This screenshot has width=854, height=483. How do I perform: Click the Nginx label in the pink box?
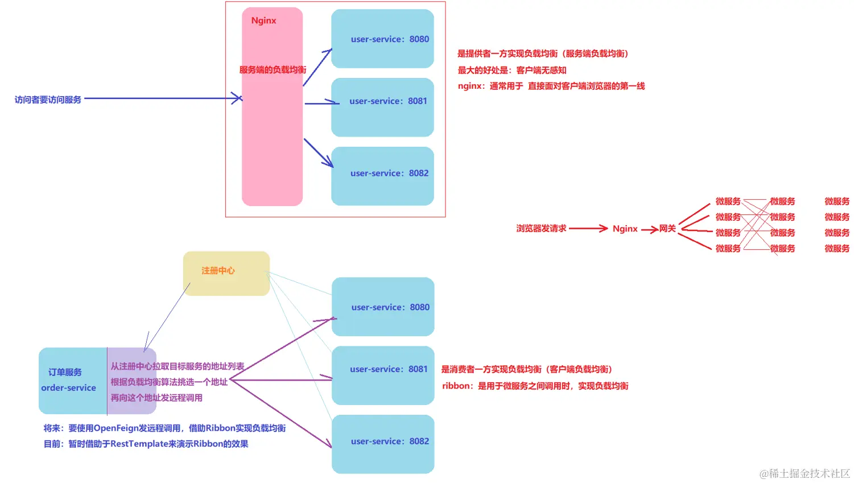(263, 20)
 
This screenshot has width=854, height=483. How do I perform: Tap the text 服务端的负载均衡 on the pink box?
(273, 70)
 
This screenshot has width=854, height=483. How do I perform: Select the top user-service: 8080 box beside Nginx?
(382, 39)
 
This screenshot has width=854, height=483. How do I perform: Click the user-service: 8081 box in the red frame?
(382, 107)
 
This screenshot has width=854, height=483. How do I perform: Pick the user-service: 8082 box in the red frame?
(382, 176)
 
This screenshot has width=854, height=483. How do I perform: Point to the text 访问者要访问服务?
(48, 100)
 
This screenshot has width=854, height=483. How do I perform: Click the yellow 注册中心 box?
(226, 273)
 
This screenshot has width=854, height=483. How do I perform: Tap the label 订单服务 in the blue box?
(65, 372)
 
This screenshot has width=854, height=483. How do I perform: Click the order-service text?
(68, 388)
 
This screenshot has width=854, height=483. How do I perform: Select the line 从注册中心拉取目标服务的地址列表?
(177, 366)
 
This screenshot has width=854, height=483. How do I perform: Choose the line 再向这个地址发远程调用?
(156, 398)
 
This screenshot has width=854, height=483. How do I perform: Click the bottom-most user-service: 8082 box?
(383, 444)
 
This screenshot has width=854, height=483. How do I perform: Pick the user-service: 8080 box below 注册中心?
(383, 307)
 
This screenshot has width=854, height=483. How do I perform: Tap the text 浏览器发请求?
(541, 228)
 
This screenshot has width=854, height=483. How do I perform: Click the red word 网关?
(667, 229)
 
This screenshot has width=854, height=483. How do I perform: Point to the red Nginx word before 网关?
(625, 229)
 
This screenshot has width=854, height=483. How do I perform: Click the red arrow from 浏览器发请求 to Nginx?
(588, 229)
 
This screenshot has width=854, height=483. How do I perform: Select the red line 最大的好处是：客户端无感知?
(512, 70)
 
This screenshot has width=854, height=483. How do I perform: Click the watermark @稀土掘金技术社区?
(805, 473)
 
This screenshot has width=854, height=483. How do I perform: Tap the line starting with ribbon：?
(535, 386)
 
